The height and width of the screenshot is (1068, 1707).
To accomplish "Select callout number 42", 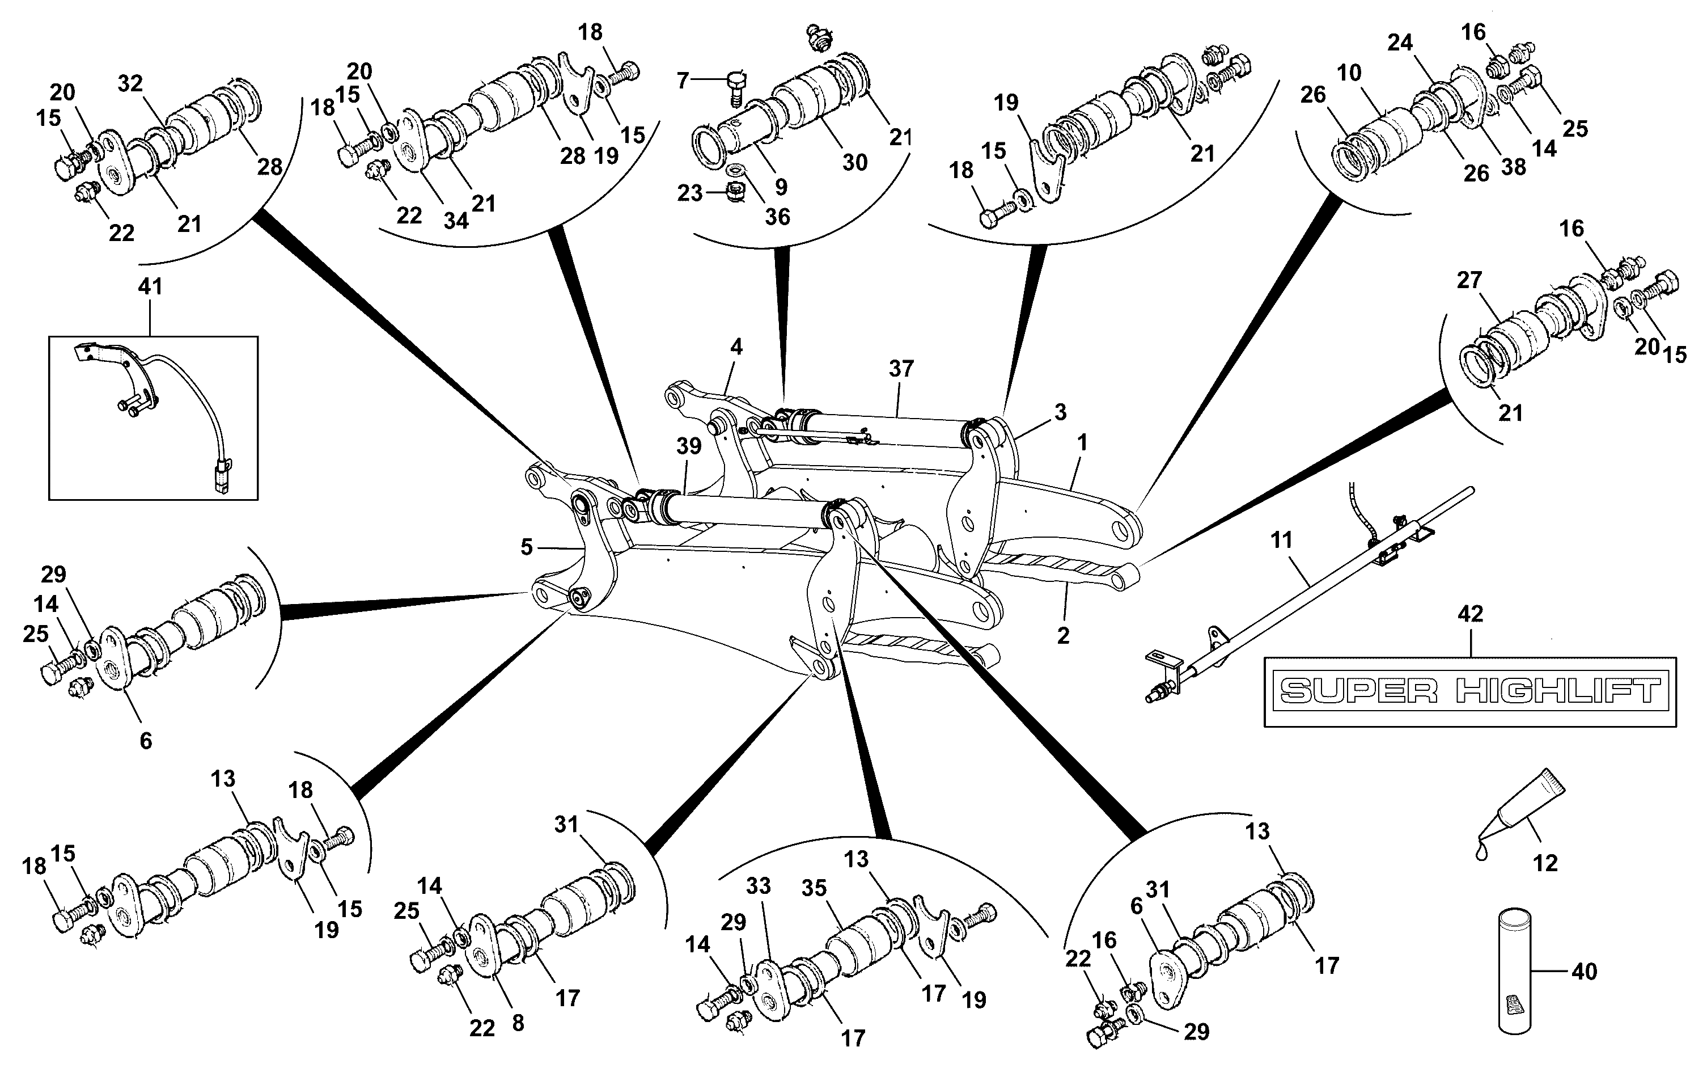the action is tap(1471, 614).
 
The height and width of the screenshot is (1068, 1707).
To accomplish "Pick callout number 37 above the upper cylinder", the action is tap(901, 368).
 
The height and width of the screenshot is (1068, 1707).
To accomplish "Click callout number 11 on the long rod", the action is tap(1281, 541).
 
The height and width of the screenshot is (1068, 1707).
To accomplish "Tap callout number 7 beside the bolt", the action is tap(682, 81).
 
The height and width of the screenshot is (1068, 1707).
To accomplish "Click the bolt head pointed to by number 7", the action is tap(735, 79).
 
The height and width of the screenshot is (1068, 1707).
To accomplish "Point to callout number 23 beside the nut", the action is tap(690, 193).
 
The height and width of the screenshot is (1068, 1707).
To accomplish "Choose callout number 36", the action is tap(777, 216).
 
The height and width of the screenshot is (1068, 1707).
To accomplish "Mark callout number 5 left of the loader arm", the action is tap(527, 547).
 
